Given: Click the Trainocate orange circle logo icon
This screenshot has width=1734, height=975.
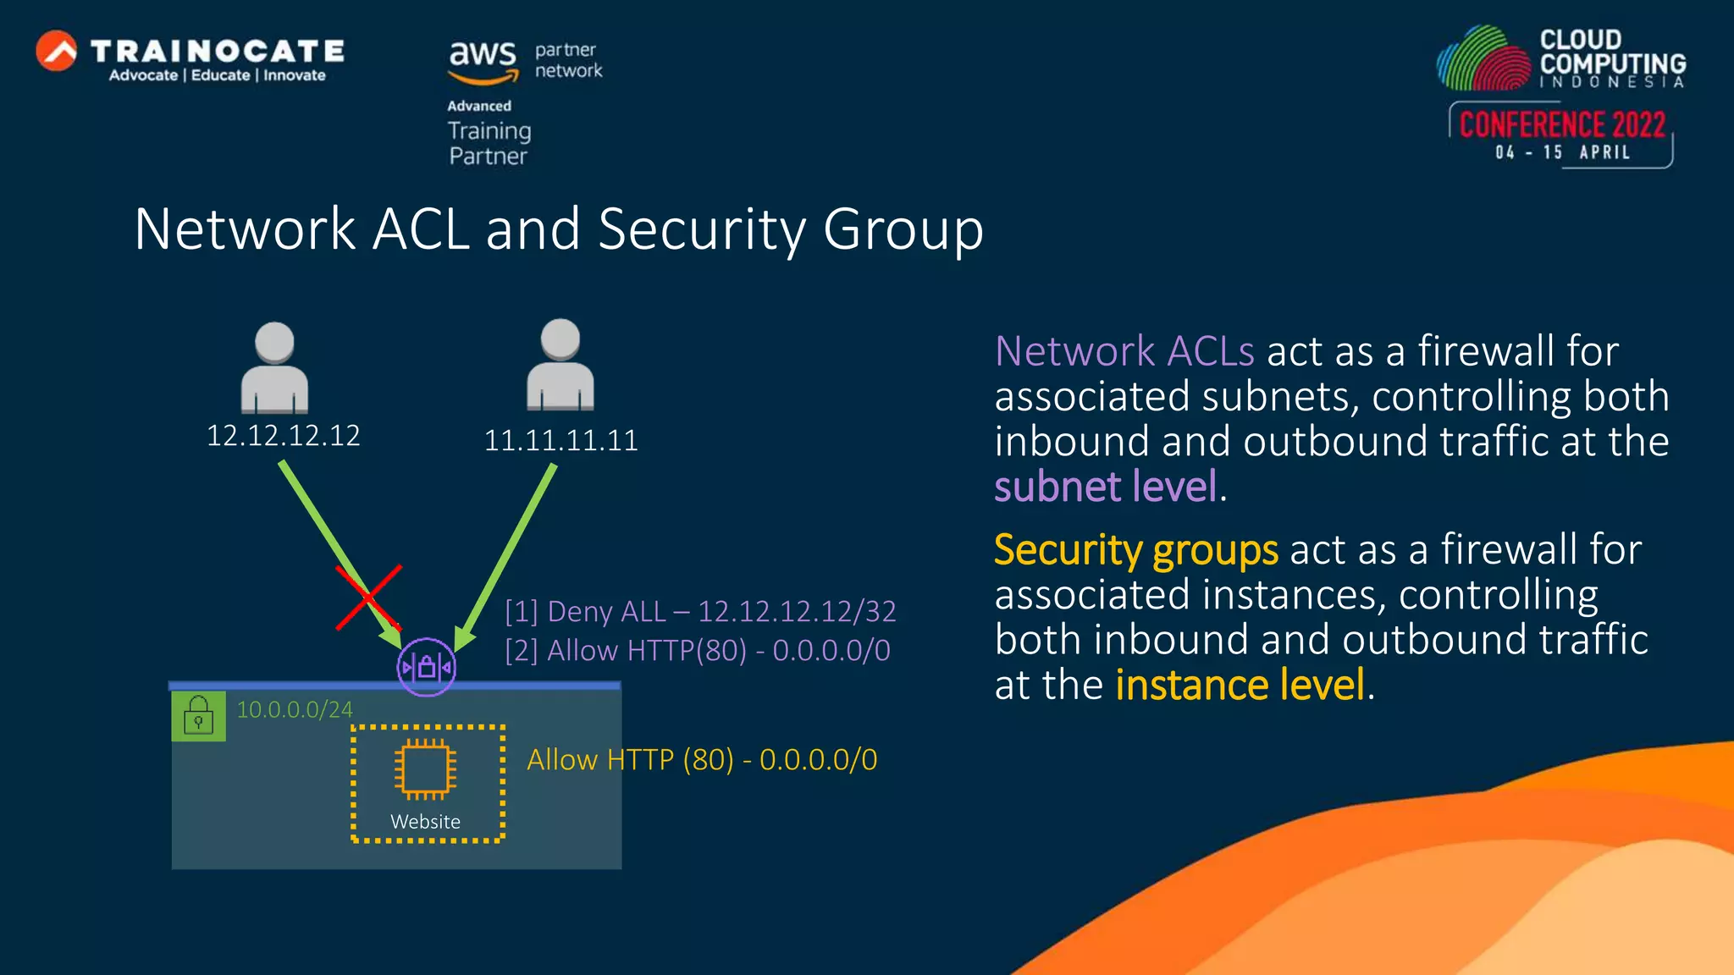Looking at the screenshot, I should point(57,51).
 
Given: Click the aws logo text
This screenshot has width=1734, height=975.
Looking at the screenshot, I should point(482,55).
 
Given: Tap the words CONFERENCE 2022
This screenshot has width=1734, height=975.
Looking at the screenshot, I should point(1562,125).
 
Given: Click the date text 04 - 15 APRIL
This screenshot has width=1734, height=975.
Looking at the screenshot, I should point(1562,152).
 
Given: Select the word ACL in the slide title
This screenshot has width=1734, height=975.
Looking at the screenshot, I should point(420,229).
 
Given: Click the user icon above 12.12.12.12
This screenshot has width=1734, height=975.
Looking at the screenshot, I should point(274,368).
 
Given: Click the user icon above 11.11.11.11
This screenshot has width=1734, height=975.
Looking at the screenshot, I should point(561,365).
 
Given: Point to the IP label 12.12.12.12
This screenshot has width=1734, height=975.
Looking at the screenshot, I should point(284,436).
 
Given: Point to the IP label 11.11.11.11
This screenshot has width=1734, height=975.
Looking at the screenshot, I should point(561,440).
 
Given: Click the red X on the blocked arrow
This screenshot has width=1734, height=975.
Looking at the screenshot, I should point(368,598).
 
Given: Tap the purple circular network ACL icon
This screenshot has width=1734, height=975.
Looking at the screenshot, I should point(427,668).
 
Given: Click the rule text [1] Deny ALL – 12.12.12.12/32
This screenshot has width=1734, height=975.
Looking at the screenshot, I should point(700,611).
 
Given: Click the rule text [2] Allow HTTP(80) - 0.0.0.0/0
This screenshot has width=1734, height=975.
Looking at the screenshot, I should point(698,651).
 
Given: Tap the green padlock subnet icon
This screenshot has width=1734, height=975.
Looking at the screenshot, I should point(199,716).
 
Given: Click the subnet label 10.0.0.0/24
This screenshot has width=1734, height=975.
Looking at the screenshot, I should point(295,709).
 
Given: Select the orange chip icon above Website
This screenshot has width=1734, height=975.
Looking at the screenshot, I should point(426,769).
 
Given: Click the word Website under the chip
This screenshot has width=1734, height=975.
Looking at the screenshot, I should point(425,822).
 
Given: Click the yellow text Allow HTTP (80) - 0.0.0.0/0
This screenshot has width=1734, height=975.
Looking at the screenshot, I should point(702,760).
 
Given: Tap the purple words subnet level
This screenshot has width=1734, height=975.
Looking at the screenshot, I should point(1106,487).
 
